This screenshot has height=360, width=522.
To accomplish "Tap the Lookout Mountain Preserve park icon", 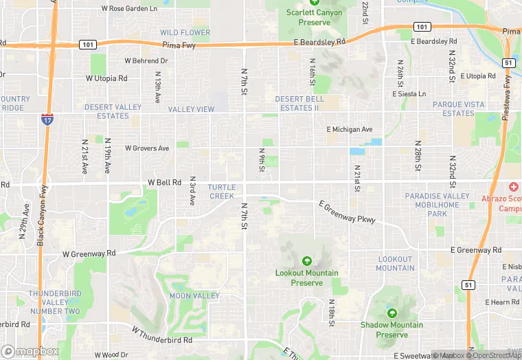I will pos(306,261).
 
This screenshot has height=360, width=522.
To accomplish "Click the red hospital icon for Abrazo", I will pos(513,187).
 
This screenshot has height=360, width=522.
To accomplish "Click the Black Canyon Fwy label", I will pos(41,216).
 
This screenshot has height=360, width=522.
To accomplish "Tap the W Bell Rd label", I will pos(164,183).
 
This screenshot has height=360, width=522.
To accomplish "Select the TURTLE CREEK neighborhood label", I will pos(222,192).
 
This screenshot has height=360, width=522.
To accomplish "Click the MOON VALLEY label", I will pos(194,296).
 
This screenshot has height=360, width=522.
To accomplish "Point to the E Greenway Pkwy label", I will pos(347,211).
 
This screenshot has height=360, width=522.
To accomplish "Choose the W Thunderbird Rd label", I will pos(162,336).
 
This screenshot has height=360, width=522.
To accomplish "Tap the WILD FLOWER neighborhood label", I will pos(185,32).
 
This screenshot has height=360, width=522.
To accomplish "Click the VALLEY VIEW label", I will pos(191,109).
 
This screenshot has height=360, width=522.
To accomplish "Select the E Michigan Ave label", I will pos(350,129).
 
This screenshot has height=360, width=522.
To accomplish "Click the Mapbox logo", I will pos(30,351).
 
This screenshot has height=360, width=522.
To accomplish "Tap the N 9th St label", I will pos(262,160).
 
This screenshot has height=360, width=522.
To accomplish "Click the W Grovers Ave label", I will pos(147,148).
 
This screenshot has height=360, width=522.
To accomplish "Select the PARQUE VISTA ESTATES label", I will pos(458,109).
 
